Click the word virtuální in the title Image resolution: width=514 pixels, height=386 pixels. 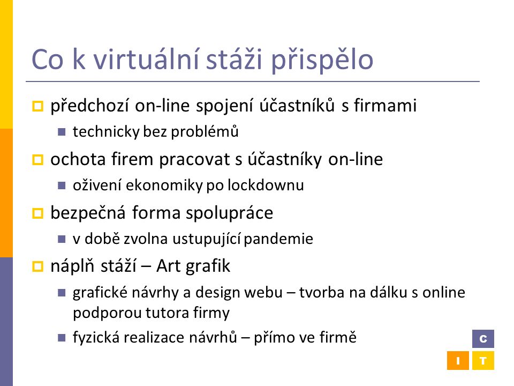(146, 59)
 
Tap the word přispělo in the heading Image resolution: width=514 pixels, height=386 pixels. (322, 61)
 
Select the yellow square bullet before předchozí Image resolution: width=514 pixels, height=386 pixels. (37, 106)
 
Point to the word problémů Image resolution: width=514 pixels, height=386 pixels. (205, 132)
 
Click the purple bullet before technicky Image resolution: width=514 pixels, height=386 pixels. (62, 132)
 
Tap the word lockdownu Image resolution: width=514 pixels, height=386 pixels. (266, 185)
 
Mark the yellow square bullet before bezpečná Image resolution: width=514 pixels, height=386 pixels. (37, 213)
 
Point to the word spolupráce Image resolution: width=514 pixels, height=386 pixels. (230, 213)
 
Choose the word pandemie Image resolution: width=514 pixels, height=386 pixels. (278, 239)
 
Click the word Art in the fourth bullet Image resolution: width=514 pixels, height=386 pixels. (168, 266)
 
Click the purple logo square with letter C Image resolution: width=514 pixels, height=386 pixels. (483, 339)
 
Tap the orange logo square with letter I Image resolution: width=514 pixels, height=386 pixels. (458, 361)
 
